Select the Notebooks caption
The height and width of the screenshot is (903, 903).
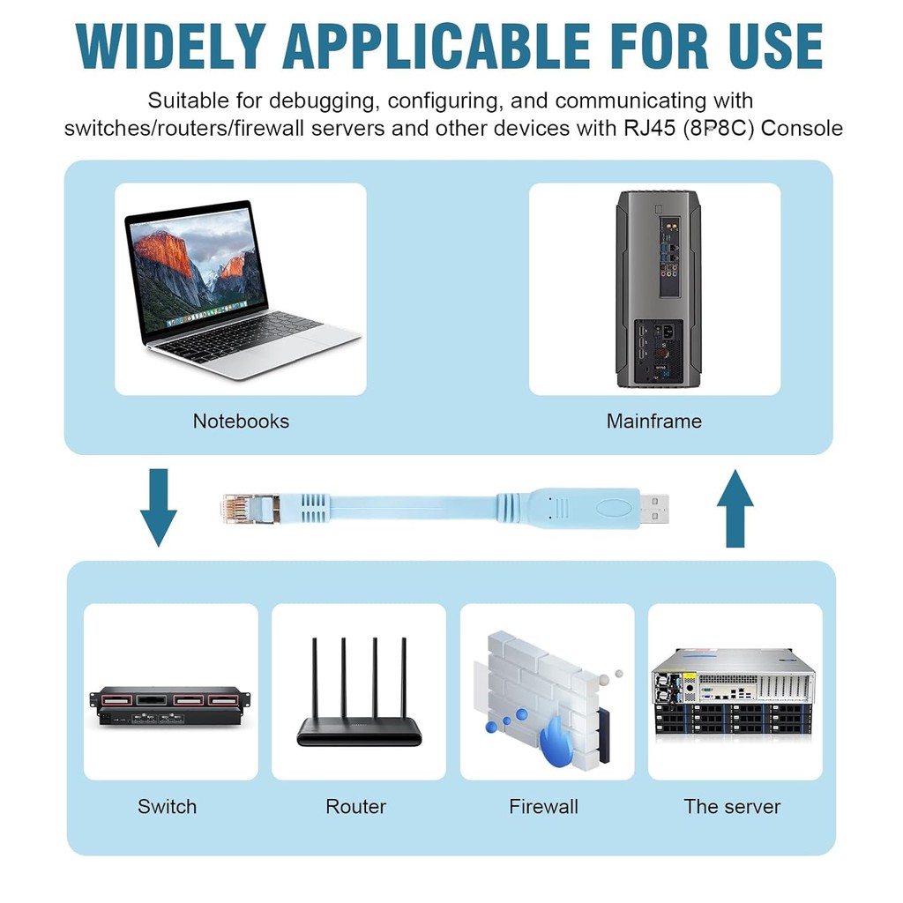pyautogui.click(x=241, y=422)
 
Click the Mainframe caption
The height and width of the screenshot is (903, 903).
pyautogui.click(x=653, y=422)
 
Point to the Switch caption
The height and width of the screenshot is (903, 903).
pyautogui.click(x=167, y=806)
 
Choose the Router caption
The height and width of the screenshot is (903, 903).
pyautogui.click(x=355, y=806)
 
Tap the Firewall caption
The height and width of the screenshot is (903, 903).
pyautogui.click(x=543, y=806)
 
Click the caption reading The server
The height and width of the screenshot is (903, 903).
pyautogui.click(x=732, y=806)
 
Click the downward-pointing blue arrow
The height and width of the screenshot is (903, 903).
pyautogui.click(x=159, y=506)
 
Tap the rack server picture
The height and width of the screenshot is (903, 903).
pyautogui.click(x=733, y=691)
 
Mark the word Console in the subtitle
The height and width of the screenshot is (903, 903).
pyautogui.click(x=802, y=128)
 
